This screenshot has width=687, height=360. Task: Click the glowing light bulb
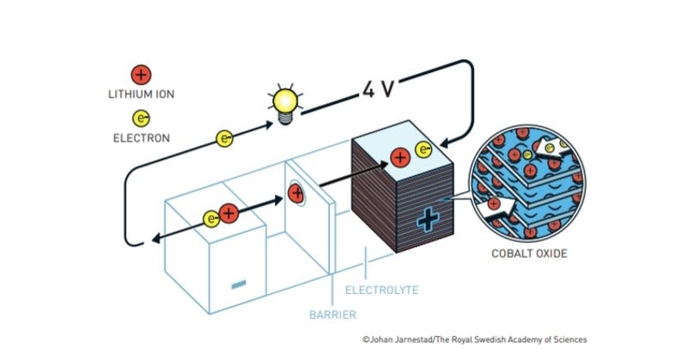[x=286, y=105]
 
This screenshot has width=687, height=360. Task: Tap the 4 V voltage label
[x=378, y=89]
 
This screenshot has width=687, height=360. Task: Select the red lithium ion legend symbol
[x=141, y=75]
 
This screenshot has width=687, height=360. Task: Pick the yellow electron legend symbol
[x=141, y=119]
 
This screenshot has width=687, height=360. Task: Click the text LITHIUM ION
[x=141, y=95]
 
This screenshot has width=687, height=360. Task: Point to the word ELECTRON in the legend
[x=141, y=138]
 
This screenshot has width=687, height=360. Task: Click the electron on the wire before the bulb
[x=225, y=138]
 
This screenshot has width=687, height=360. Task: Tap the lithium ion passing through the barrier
[x=296, y=193]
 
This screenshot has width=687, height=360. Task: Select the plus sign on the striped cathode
[x=428, y=219]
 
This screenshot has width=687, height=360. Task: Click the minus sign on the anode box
[x=239, y=284]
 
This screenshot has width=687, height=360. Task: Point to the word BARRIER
[x=332, y=314]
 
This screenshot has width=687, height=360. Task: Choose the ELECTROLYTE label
[x=381, y=290]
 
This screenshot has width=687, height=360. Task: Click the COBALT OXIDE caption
[x=529, y=253]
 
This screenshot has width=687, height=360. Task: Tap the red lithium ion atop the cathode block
[x=400, y=157]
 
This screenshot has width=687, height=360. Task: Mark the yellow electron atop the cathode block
[x=423, y=149]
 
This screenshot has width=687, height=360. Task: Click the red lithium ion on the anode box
[x=228, y=214]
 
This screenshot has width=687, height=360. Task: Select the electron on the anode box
[x=211, y=219]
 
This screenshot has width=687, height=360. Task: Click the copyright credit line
[x=475, y=339]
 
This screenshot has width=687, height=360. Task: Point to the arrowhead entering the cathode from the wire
[x=445, y=143]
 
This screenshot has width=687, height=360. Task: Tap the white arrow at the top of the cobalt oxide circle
[x=553, y=149]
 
